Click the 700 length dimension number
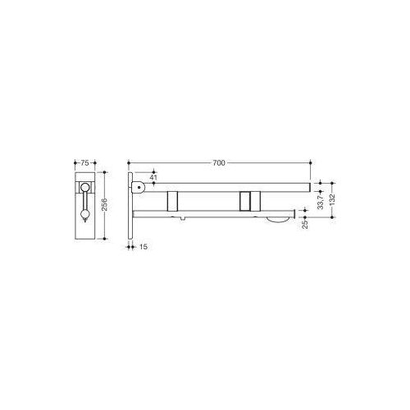point(218,164)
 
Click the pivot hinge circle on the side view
point(141,187)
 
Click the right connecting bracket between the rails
point(247,200)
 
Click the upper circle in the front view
point(84,189)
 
